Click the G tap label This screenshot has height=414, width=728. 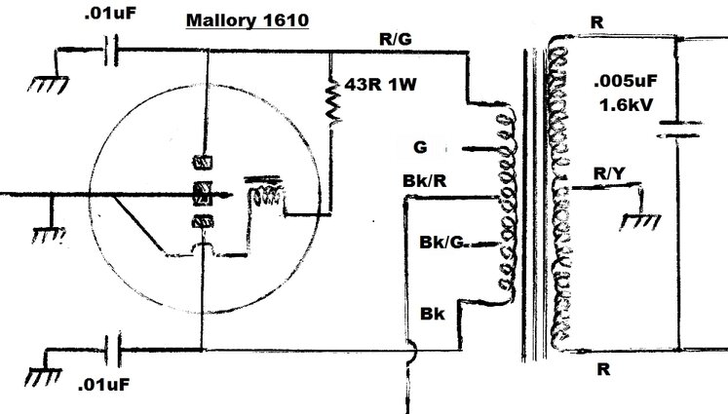(420, 147)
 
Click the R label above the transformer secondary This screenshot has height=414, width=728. (596, 20)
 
